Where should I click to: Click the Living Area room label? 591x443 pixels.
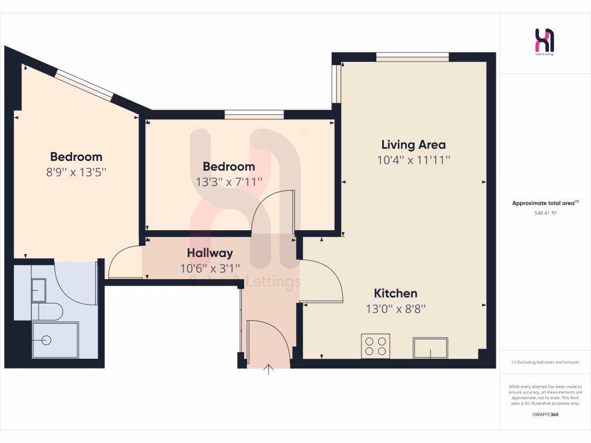pos(413,144)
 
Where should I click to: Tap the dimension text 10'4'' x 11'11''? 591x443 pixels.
pos(413,160)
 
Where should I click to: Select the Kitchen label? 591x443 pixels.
pos(395,293)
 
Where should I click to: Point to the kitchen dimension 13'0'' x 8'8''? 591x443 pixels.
pos(395,309)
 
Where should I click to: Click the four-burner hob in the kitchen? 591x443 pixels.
pos(375,346)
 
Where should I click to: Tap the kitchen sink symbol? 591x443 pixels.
pos(431,348)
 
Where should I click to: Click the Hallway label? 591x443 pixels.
pos(210,253)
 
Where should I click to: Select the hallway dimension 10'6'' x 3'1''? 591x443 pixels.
pos(210,268)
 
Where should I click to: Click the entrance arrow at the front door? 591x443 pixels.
pos(268,369)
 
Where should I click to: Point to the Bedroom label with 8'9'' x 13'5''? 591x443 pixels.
pos(76,156)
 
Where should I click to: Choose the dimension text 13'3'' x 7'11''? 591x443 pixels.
pos(229,182)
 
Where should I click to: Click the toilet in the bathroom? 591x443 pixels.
pos(50,312)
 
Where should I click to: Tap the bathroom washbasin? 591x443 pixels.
pos(39,290)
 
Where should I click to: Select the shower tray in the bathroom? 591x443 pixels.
pos(55,340)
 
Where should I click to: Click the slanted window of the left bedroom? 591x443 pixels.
pos(85,84)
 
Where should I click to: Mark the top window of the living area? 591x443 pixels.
pos(412,57)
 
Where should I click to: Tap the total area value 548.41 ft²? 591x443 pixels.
pos(545,213)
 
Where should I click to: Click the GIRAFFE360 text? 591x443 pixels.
pos(545,415)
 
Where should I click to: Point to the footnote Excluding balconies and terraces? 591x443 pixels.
pos(545,362)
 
